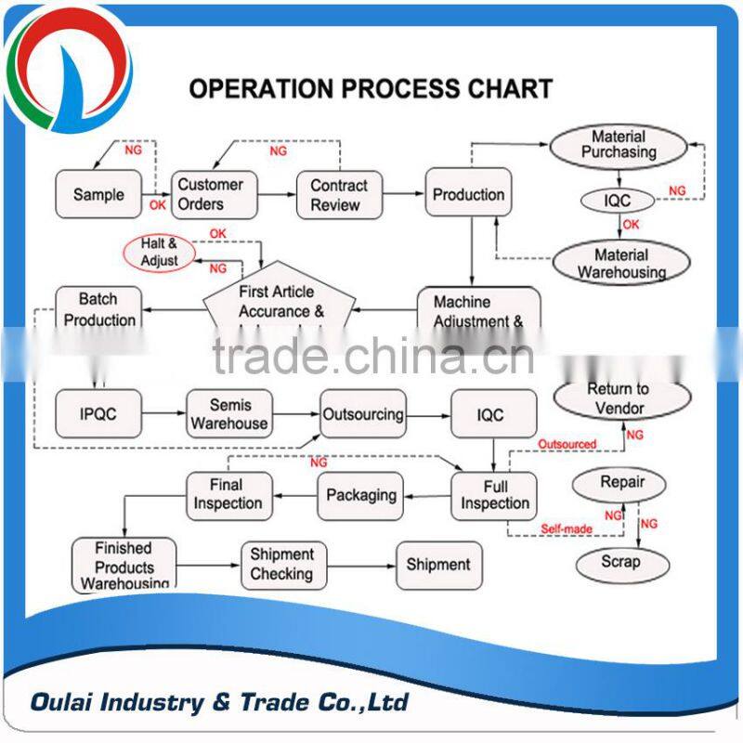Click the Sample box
pos(98,194)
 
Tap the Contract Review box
pos(339,194)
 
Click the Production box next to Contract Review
pos(468,194)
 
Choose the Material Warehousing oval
pos(621,264)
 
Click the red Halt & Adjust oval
pos(159,253)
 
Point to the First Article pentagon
pos(277,303)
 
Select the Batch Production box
pos(98,309)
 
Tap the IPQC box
pos(98,414)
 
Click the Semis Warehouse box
pos(229,414)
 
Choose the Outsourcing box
pos(362,414)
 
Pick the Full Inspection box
pos(494,494)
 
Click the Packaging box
pos(361,495)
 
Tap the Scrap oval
pos(620,562)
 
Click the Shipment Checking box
pos(282,564)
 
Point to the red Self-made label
pos(567,529)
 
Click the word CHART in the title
pos(507,89)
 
